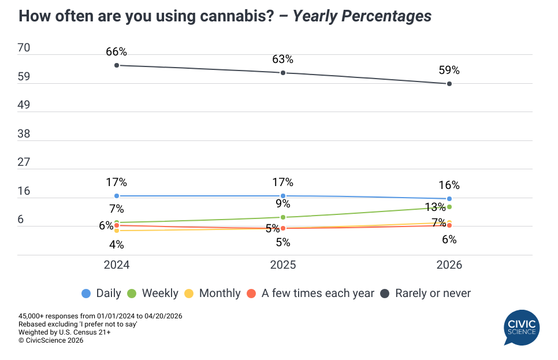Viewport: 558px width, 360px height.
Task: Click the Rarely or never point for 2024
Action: (117, 65)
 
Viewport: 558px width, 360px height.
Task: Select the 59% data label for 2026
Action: (449, 70)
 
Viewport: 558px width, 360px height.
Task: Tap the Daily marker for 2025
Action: (283, 196)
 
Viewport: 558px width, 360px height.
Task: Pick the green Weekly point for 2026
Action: (449, 207)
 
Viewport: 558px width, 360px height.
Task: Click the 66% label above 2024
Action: (116, 52)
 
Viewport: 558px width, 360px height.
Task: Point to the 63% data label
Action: (282, 59)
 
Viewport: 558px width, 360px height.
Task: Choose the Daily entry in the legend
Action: (102, 293)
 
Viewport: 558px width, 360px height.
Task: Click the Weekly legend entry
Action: (154, 293)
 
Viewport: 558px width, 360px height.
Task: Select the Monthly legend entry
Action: (213, 293)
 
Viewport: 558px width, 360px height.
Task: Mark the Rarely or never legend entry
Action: (426, 293)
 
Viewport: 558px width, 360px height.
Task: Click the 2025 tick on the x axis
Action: (283, 265)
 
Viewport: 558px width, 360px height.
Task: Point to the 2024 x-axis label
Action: (117, 265)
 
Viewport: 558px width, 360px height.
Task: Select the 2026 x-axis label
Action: (449, 265)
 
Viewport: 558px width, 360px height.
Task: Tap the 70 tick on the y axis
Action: (24, 49)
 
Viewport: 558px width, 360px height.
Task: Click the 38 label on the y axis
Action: (24, 134)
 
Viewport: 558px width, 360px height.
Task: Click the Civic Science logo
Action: (522, 327)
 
